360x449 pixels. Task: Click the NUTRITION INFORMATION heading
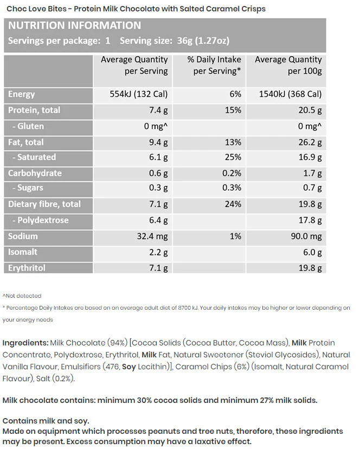(x=74, y=25)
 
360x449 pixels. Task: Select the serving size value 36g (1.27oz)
(x=203, y=41)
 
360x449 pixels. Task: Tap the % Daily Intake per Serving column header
(x=214, y=65)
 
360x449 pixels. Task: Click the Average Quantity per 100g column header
(x=288, y=65)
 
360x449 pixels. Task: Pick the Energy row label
(x=22, y=94)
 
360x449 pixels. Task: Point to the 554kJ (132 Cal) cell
(x=139, y=94)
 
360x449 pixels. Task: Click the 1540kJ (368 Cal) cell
(x=291, y=94)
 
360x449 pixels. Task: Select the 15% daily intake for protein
(x=233, y=110)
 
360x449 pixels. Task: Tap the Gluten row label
(x=28, y=126)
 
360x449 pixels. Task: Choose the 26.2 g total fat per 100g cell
(x=310, y=142)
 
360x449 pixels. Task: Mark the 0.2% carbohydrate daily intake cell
(x=232, y=173)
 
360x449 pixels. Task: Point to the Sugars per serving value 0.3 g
(x=158, y=188)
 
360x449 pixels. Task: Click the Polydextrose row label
(x=40, y=220)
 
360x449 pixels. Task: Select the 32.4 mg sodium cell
(x=152, y=236)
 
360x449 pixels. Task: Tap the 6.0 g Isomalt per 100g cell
(x=312, y=252)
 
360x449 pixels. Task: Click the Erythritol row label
(x=27, y=268)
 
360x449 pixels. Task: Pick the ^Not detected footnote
(x=22, y=296)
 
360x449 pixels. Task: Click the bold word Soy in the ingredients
(x=129, y=367)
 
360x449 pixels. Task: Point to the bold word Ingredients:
(x=25, y=343)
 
